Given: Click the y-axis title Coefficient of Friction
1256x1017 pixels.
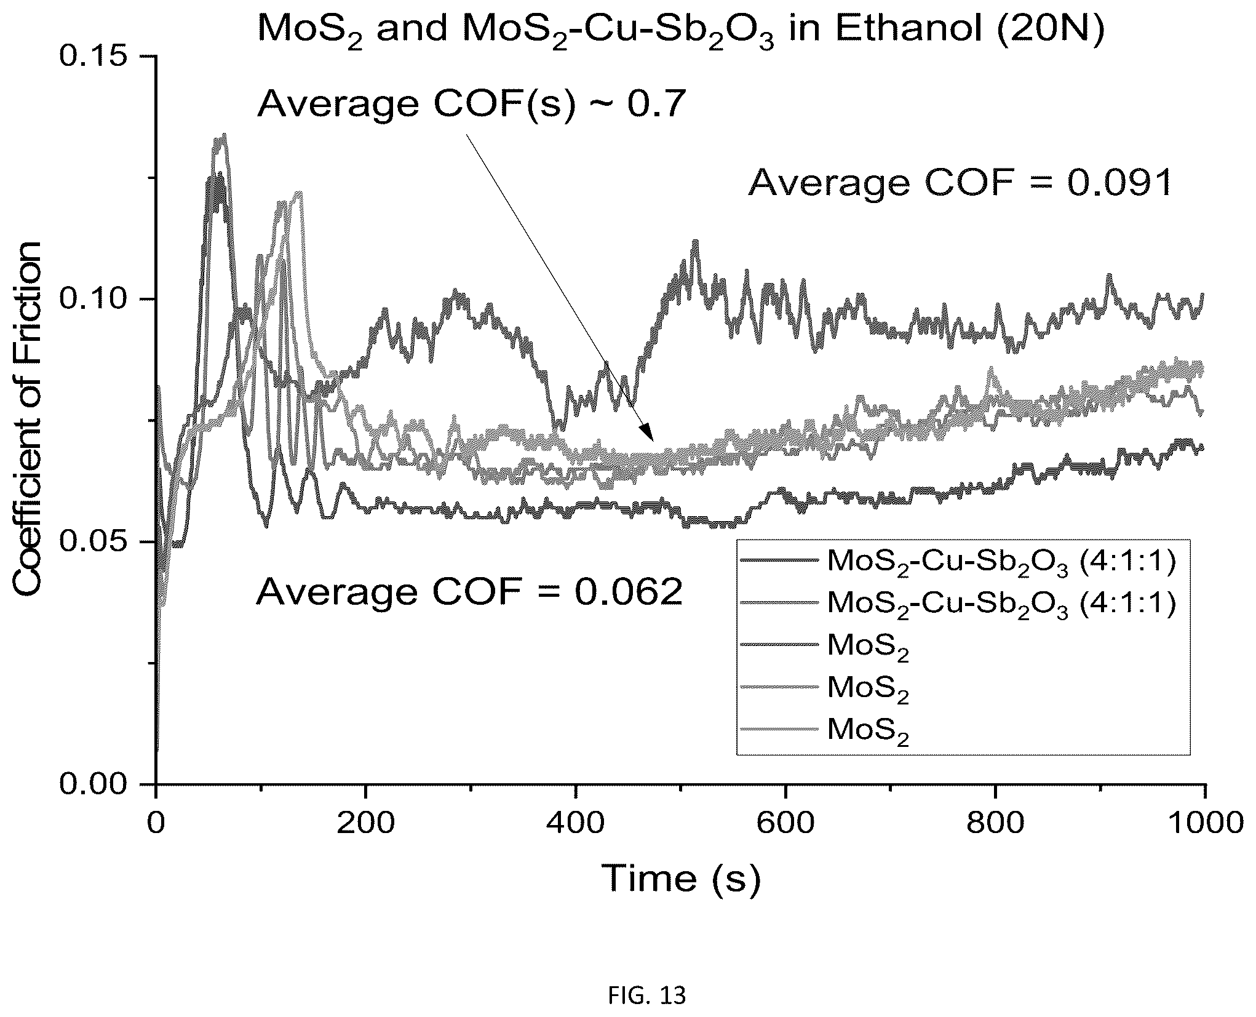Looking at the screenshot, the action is [x=28, y=419].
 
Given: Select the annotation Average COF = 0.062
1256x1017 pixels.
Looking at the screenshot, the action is [x=469, y=592].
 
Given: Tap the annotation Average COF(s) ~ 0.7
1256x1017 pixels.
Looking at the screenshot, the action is [x=471, y=103].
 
